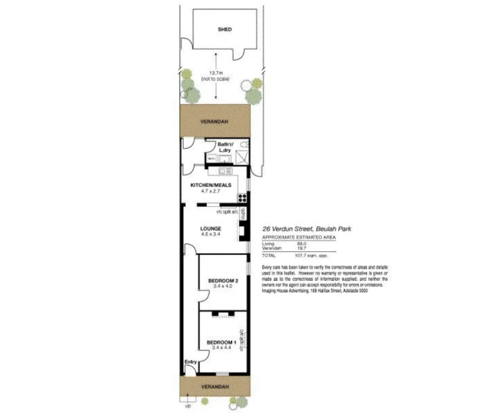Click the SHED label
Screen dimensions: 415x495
[x=225, y=30]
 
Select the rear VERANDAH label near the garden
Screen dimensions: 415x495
[x=214, y=122]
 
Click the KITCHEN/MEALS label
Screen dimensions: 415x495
[x=210, y=185]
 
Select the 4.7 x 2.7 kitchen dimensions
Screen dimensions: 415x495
[x=210, y=191]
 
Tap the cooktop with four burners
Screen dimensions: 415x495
[x=243, y=198]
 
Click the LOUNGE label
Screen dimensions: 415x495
[x=210, y=228]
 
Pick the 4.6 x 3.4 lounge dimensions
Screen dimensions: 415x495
[x=210, y=234]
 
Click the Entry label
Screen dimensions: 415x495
[x=190, y=362]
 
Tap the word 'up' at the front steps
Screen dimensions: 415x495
[x=187, y=406]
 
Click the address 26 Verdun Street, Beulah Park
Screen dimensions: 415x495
[x=306, y=229]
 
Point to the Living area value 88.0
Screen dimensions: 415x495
[x=302, y=244]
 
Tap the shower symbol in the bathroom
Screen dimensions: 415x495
[x=243, y=156]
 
